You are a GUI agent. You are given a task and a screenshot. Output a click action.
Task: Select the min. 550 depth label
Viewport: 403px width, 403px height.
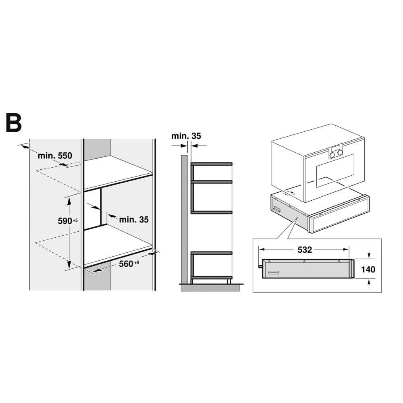[55, 155]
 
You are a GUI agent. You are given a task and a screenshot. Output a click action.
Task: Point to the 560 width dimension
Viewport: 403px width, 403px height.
[126, 264]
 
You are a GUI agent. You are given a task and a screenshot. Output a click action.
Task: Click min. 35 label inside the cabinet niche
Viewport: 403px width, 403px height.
[134, 220]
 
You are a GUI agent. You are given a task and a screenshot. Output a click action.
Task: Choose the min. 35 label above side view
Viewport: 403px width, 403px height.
[186, 136]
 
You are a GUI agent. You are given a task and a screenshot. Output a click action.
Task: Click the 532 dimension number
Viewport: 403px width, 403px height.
[305, 249]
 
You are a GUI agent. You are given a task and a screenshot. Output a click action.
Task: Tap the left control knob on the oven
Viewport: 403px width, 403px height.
[333, 153]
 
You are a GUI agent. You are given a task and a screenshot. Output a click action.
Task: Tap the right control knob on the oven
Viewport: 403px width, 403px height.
[341, 152]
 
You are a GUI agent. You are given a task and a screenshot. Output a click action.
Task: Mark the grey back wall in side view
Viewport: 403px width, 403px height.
[184, 218]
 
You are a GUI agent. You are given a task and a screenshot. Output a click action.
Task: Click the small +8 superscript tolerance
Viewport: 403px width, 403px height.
[137, 262]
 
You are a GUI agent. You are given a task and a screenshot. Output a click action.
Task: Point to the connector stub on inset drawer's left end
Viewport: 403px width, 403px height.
[260, 266]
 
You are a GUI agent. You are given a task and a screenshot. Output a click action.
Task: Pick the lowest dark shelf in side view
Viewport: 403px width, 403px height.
[212, 278]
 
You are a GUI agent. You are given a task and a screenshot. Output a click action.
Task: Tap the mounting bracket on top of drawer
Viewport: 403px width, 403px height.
[290, 193]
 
